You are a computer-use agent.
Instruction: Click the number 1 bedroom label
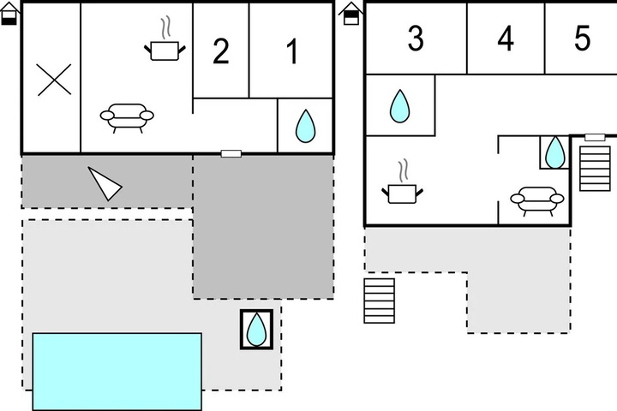click(292, 51)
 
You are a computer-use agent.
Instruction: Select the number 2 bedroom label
click(221, 51)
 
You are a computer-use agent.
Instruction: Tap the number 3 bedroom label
click(416, 39)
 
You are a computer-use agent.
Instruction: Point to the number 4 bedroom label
click(506, 39)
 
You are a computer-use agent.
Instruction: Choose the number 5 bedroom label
click(583, 39)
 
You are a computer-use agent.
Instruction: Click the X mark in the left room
click(54, 80)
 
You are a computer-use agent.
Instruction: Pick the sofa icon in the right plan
click(537, 201)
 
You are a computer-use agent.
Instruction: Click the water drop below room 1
click(305, 126)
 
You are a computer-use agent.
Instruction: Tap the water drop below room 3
click(400, 106)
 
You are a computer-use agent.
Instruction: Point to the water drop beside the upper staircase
click(554, 152)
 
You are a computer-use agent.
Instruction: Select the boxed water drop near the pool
click(256, 329)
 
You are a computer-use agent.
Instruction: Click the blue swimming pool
click(117, 372)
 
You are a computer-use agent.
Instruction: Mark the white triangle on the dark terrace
click(104, 184)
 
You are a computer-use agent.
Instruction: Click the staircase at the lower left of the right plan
click(380, 301)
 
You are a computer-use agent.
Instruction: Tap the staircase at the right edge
click(595, 169)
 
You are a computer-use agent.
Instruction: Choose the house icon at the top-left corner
click(9, 14)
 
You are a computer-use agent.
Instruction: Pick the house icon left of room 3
click(351, 14)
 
